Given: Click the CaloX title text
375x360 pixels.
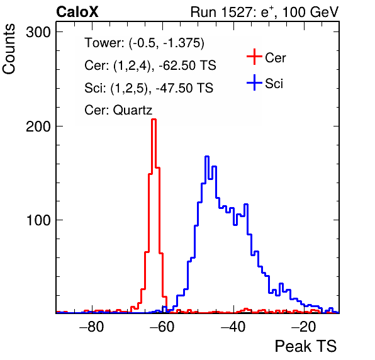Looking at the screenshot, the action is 77,12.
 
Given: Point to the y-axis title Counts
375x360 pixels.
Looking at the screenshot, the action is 9,49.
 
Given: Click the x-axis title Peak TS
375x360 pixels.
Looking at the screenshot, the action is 306,346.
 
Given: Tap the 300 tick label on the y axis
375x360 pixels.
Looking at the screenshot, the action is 38,32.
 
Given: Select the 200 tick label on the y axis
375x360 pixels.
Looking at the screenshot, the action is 38,126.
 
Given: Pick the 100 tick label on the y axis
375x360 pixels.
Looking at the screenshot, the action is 38,220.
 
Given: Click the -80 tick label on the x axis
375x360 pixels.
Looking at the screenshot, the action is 92,327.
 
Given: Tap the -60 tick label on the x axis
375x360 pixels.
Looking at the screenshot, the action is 162,327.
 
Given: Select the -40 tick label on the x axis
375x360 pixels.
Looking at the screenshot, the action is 233,327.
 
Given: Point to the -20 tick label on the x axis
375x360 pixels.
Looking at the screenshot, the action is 304,327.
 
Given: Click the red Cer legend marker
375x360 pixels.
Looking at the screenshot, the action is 254,57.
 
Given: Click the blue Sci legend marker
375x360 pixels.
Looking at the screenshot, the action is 254,82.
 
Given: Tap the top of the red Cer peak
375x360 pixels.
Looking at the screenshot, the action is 154,119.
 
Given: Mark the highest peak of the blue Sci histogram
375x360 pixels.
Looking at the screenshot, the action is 207,157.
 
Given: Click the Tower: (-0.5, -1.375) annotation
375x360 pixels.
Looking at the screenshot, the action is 145,43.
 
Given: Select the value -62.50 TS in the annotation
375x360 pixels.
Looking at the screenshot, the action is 187,65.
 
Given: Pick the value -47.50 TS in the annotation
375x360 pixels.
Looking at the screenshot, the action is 184,87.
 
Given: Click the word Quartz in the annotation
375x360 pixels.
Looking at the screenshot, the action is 133,110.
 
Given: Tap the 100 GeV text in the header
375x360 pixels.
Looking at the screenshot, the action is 311,12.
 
